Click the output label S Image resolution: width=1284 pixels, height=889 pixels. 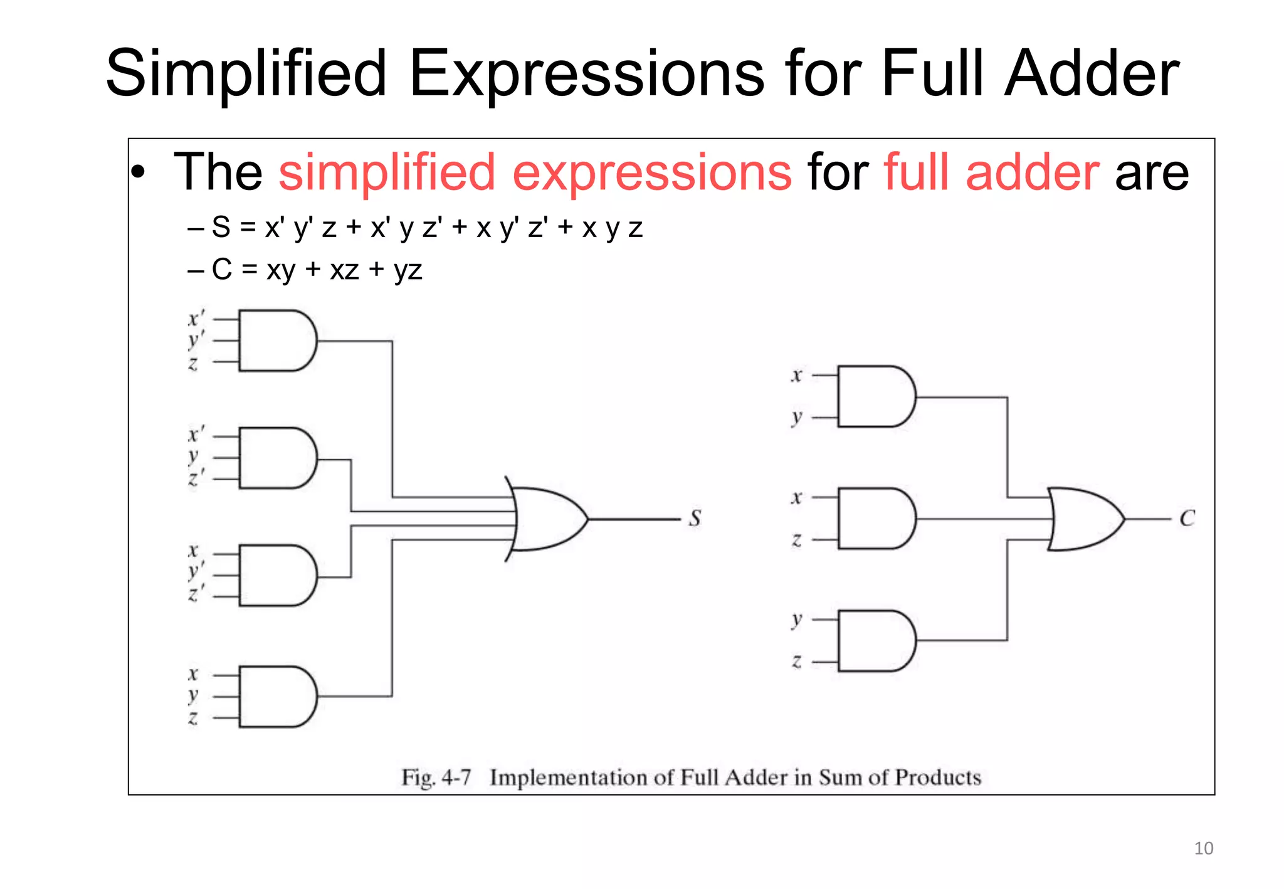tap(695, 518)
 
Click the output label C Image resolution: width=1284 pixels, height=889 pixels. tap(1187, 518)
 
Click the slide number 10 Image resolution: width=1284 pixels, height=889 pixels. tap(1203, 848)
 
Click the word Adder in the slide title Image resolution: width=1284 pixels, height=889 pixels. tap(1092, 74)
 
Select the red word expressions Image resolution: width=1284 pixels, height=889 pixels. tap(652, 172)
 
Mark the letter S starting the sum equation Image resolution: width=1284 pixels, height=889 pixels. tap(221, 227)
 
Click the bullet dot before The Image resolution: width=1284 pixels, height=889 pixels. tap(139, 172)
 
